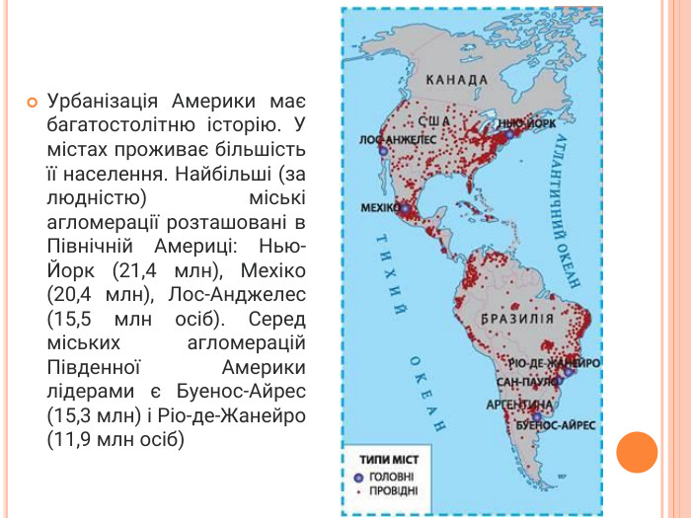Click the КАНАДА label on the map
[457, 79]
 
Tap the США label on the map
[434, 121]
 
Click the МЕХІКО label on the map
[378, 209]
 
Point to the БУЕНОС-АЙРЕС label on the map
[556, 424]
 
